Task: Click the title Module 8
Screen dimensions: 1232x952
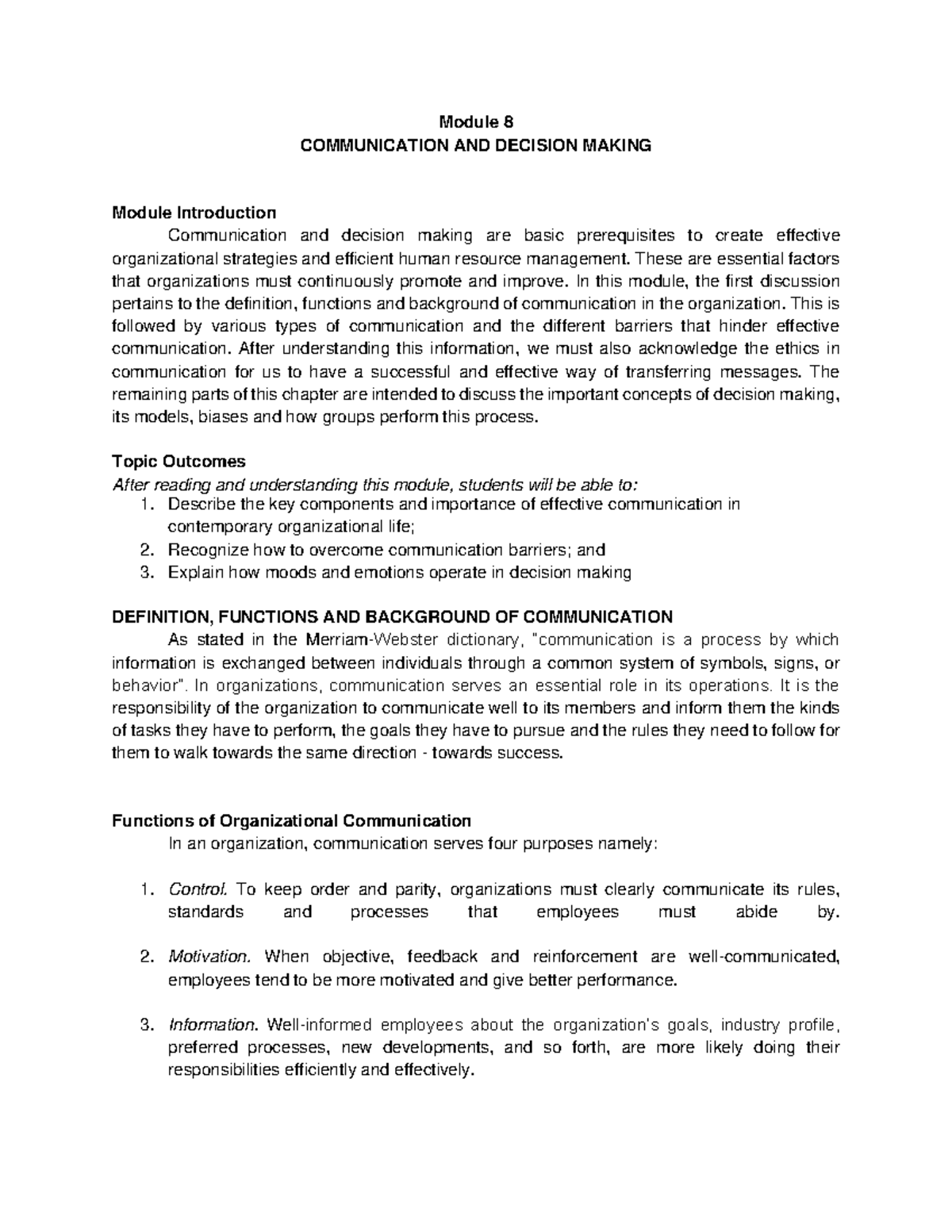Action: (x=476, y=123)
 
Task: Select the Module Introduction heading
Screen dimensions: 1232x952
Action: (x=194, y=213)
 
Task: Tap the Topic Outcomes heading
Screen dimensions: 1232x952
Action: (x=179, y=462)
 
